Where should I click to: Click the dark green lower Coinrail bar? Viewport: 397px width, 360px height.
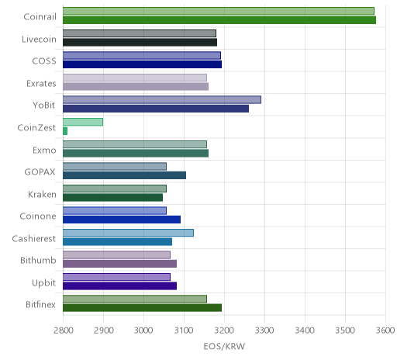(x=219, y=20)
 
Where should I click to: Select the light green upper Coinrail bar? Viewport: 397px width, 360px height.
(x=219, y=11)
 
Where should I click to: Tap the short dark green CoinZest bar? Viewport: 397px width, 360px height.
(x=65, y=131)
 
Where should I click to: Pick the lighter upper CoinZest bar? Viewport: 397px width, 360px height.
(x=83, y=122)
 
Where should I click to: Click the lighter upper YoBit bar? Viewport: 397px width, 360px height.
(x=162, y=100)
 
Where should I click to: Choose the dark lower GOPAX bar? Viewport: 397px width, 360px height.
(x=124, y=175)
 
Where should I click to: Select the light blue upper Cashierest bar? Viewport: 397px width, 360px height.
(x=128, y=233)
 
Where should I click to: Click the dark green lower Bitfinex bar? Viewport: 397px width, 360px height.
(x=142, y=308)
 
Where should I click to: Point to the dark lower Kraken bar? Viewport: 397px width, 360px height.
(x=112, y=197)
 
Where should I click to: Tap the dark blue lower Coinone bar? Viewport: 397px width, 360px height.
(x=122, y=220)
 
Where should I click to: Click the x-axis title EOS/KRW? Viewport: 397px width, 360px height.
(x=224, y=346)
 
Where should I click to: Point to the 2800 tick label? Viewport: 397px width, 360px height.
(x=64, y=331)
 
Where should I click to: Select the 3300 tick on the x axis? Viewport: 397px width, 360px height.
(x=264, y=331)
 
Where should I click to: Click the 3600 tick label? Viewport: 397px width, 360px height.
(x=385, y=331)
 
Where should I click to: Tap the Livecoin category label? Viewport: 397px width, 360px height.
(x=39, y=40)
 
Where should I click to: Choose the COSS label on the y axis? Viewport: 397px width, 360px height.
(x=44, y=61)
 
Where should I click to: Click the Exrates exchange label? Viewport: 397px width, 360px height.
(x=41, y=84)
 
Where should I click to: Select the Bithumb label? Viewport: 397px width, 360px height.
(x=38, y=260)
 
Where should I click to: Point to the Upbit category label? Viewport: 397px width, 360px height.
(x=44, y=283)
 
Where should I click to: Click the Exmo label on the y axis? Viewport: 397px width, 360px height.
(x=44, y=151)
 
